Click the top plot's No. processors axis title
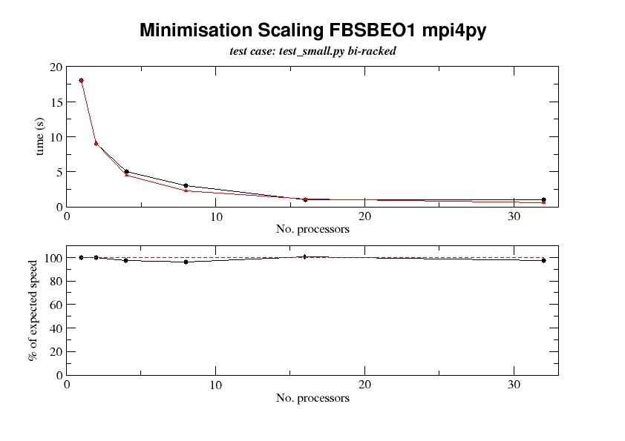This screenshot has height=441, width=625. pos(312,228)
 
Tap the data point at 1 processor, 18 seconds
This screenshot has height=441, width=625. pos(81,80)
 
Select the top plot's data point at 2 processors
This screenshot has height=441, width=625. pos(96,143)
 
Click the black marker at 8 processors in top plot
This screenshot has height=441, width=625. pos(186,185)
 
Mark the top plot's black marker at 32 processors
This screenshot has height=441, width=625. pos(543,199)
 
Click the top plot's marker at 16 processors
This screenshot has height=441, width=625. pos(305,199)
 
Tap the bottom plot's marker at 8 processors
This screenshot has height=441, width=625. pos(186,262)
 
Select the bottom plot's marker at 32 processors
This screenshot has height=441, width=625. pos(543,260)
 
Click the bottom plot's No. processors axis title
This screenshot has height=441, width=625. pos(312,398)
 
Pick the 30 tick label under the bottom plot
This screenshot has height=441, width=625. pos(514,385)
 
